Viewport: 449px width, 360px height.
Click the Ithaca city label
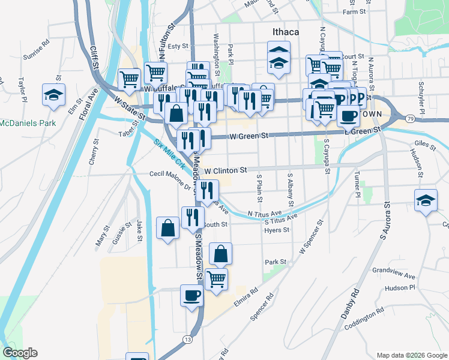(x=283, y=31)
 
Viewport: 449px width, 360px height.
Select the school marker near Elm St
(x=54, y=95)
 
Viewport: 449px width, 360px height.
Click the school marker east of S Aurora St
(x=426, y=200)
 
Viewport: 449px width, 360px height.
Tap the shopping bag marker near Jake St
(x=167, y=228)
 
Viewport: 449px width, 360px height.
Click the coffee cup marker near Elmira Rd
(x=192, y=296)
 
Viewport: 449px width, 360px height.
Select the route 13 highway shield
(x=188, y=339)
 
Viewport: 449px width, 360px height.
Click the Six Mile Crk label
(x=170, y=154)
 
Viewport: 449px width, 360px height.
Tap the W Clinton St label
(x=226, y=170)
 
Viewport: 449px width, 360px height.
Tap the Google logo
(x=20, y=353)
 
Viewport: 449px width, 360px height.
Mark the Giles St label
(x=425, y=144)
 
